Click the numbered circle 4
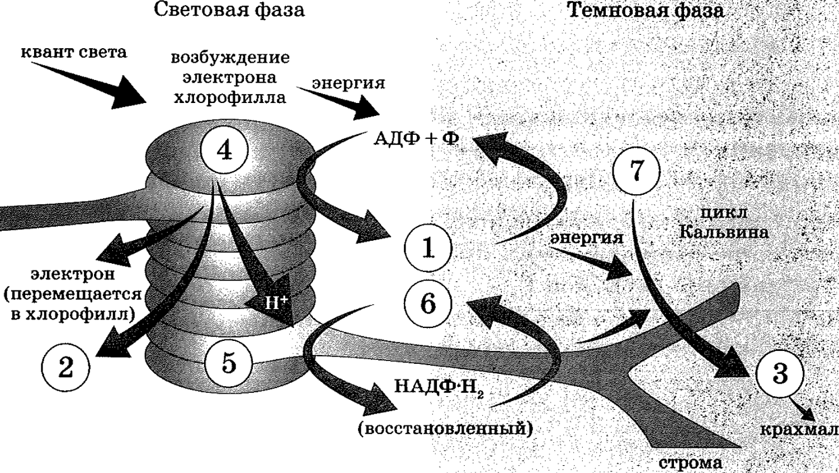[224, 150]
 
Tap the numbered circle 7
[636, 171]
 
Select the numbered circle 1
[428, 248]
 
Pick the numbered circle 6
[428, 303]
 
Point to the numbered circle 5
[228, 363]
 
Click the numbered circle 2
[65, 367]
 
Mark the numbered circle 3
[780, 374]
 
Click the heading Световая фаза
[229, 10]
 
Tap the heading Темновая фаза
[645, 11]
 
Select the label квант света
[74, 52]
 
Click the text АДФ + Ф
[416, 139]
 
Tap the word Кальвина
[724, 232]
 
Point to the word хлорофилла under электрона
[230, 97]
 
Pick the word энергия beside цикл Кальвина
[586, 238]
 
